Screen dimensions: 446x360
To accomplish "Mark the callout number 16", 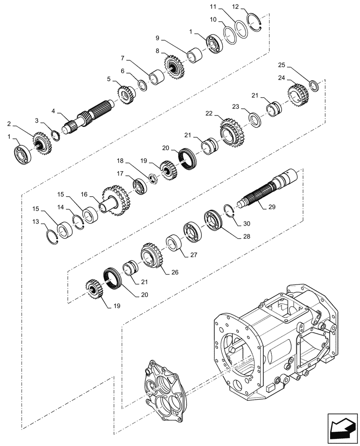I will coord(84,195).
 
